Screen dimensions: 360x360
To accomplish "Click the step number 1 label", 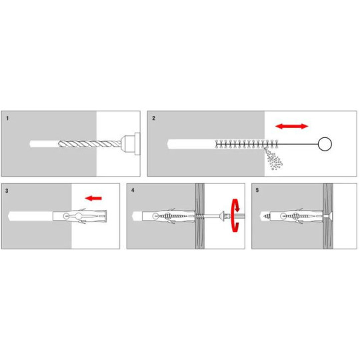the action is [7, 118].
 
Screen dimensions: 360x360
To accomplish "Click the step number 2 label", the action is [153, 118].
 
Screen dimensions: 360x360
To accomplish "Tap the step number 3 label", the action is [7, 191].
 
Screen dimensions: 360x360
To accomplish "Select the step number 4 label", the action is [133, 190].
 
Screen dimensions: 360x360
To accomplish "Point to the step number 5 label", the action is [257, 190].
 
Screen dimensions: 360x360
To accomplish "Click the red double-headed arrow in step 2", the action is [291, 126].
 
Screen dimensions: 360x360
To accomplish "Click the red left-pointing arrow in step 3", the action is [93, 198].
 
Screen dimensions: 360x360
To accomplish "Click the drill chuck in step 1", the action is [130, 144].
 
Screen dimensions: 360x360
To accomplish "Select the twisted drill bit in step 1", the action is [89, 144].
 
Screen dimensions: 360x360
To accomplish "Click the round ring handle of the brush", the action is [325, 144].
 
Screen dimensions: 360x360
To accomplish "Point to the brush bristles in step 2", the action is [247, 144].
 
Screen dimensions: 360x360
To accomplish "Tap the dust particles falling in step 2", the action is [274, 159].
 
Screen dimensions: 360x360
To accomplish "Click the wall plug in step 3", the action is [80, 216].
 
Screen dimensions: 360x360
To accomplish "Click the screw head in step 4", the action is [223, 216].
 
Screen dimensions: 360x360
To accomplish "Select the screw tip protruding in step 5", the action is [266, 216].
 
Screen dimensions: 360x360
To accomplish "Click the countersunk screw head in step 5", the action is [329, 216].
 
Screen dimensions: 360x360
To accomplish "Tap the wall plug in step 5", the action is [297, 216].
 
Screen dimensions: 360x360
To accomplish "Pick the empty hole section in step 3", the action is [31, 216].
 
